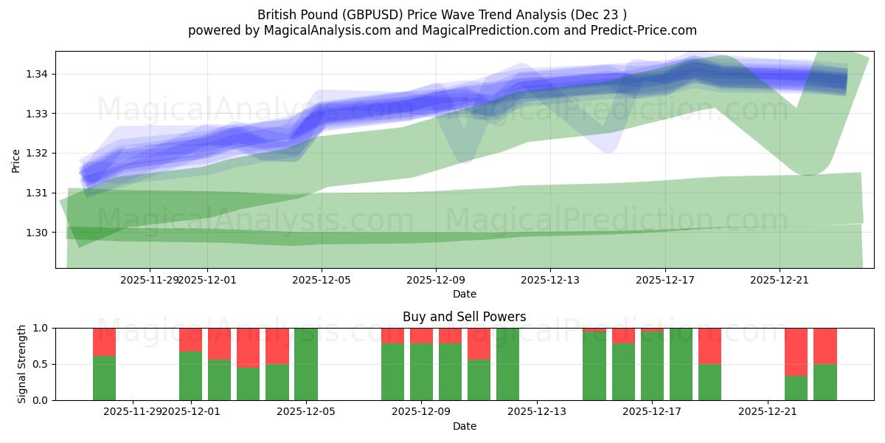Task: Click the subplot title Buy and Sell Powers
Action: click(x=464, y=317)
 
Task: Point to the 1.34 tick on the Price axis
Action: click(x=37, y=75)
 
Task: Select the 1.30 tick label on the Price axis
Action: click(x=37, y=233)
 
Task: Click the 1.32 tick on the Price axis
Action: click(x=37, y=154)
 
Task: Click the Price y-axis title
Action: click(x=16, y=159)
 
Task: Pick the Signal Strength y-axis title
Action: click(x=22, y=364)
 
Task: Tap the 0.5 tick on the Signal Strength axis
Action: click(x=41, y=364)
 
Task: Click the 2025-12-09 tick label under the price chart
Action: click(x=436, y=280)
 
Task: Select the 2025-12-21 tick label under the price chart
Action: click(x=780, y=280)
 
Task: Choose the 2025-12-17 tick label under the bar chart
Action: click(x=652, y=412)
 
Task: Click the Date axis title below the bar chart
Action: click(x=464, y=426)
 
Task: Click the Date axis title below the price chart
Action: click(x=464, y=294)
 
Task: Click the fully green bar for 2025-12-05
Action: click(x=306, y=364)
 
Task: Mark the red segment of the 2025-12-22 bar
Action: click(x=796, y=351)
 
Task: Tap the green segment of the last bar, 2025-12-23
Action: click(x=825, y=382)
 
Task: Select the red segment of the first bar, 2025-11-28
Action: click(x=105, y=342)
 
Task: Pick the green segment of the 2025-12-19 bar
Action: click(x=709, y=382)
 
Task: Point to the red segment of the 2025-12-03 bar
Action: click(x=249, y=347)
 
